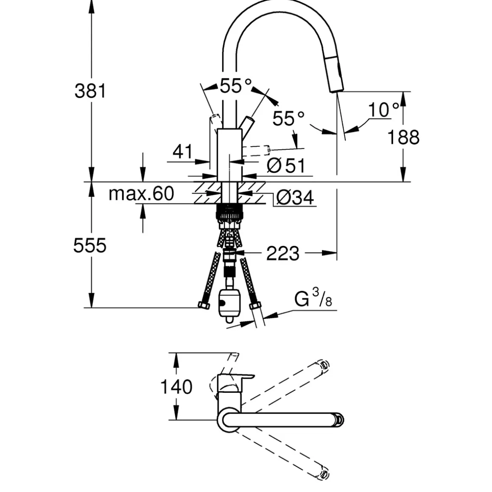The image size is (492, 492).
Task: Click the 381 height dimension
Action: pos(90,91)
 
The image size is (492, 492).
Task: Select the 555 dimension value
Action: pos(90,246)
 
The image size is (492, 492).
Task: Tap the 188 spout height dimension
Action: pos(403,137)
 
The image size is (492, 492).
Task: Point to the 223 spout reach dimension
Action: pos(282,254)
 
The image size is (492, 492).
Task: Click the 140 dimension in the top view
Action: pos(176,387)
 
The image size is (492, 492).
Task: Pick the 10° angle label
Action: pos(383,110)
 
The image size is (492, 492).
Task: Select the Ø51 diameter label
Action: pos(286,165)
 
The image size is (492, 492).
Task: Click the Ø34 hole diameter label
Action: pos(295,197)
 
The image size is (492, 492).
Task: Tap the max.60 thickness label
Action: pos(141,193)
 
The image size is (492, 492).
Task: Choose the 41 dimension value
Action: pos(183,151)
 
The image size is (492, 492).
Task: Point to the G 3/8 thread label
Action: pos(313,299)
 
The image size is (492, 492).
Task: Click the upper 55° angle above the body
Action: pos(235,86)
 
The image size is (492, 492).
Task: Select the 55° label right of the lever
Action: pos(288,118)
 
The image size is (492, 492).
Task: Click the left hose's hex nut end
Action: pos(203,305)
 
